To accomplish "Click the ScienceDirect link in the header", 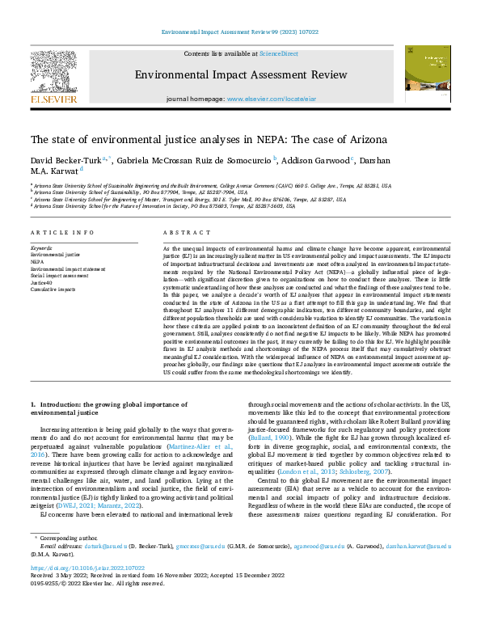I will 278,53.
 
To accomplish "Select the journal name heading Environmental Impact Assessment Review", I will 240,74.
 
